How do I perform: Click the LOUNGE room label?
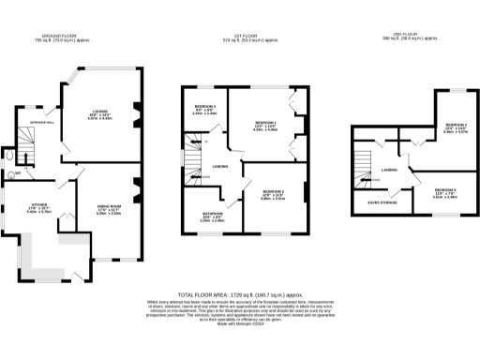pos(99,110)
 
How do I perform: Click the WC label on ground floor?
pos(19,172)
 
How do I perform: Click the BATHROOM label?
pos(212,216)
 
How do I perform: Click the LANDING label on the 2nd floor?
pos(391,169)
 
